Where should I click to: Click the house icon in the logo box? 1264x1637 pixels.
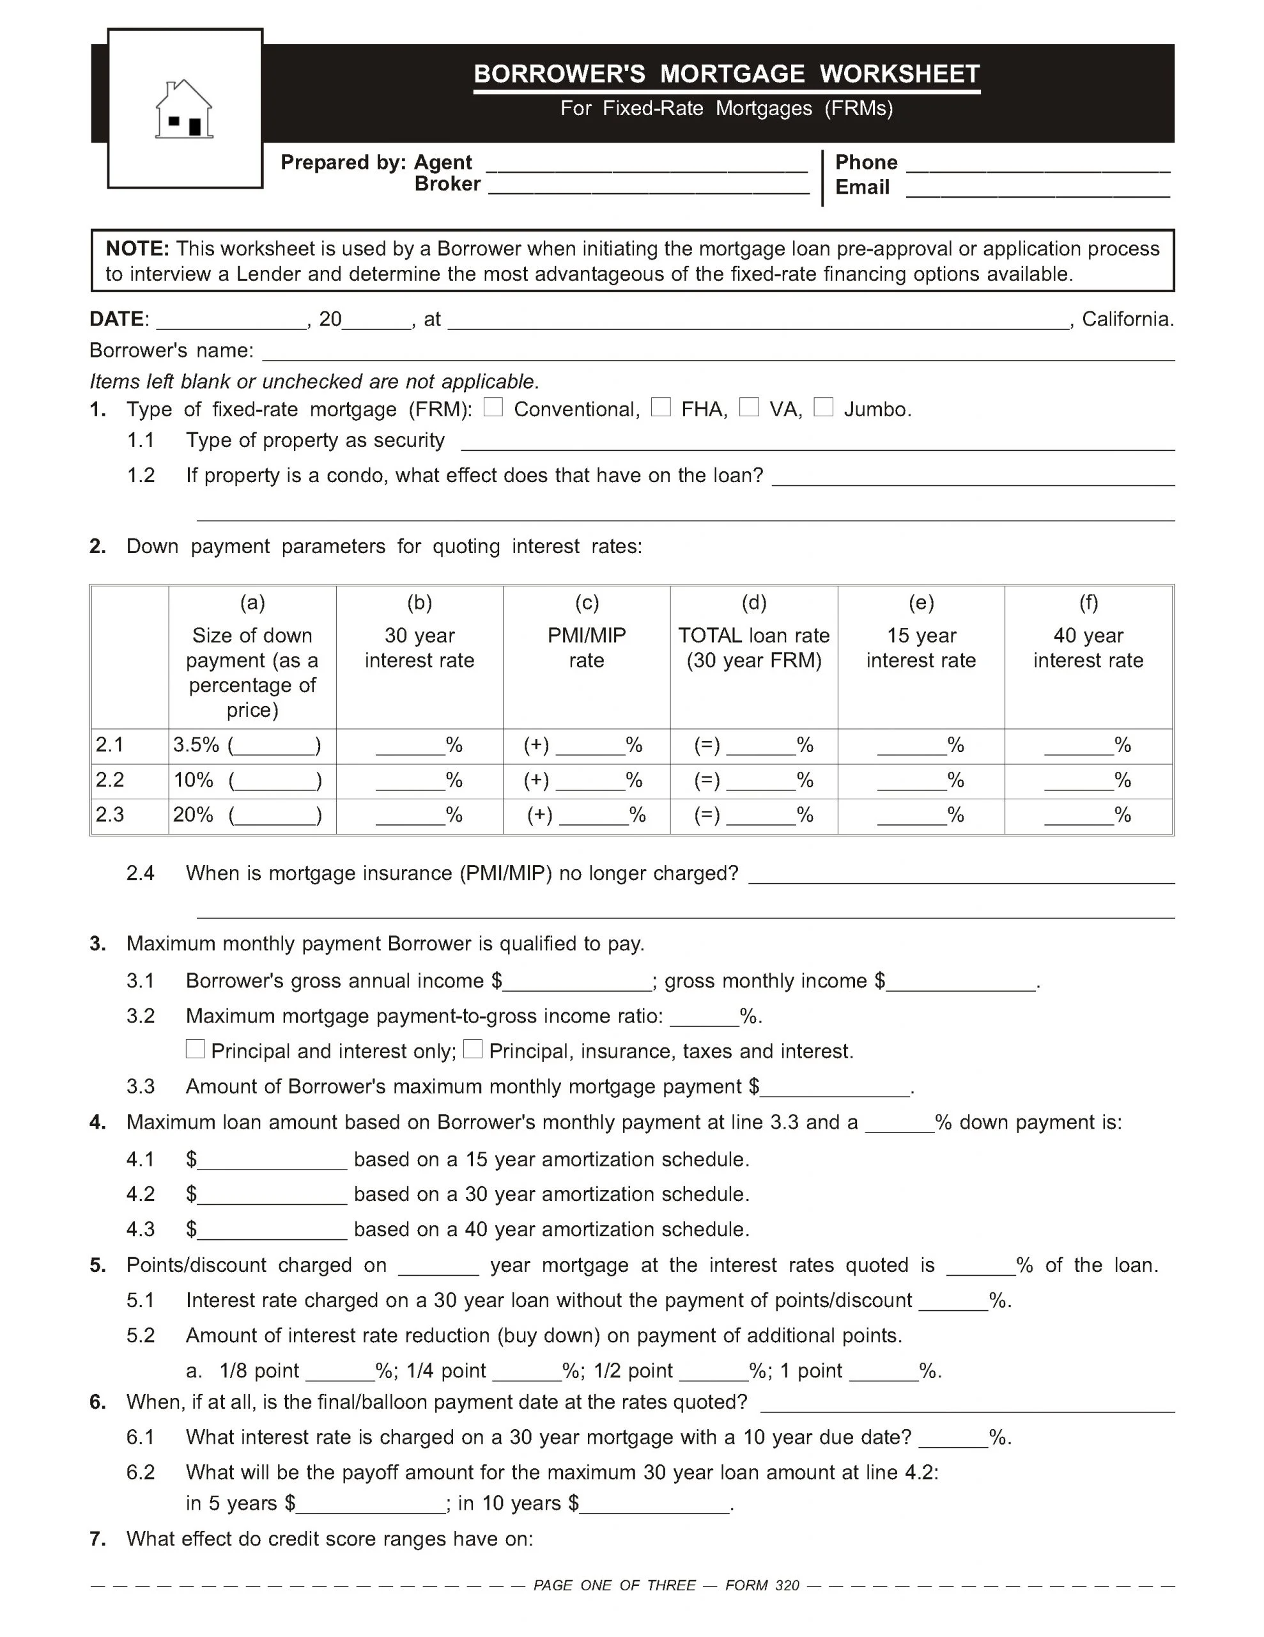(x=183, y=109)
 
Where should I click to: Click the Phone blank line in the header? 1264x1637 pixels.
(x=1038, y=166)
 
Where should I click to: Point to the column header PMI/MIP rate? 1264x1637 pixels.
(x=586, y=648)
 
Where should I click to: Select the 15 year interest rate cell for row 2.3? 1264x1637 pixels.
(x=920, y=815)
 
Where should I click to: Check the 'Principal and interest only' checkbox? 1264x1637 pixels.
(x=195, y=1049)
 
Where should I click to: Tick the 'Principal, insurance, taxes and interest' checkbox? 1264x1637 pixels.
(x=473, y=1049)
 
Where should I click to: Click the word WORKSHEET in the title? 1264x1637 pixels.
(x=899, y=74)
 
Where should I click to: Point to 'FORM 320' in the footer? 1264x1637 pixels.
(x=762, y=1585)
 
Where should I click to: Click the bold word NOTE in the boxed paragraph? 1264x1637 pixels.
(x=137, y=249)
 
